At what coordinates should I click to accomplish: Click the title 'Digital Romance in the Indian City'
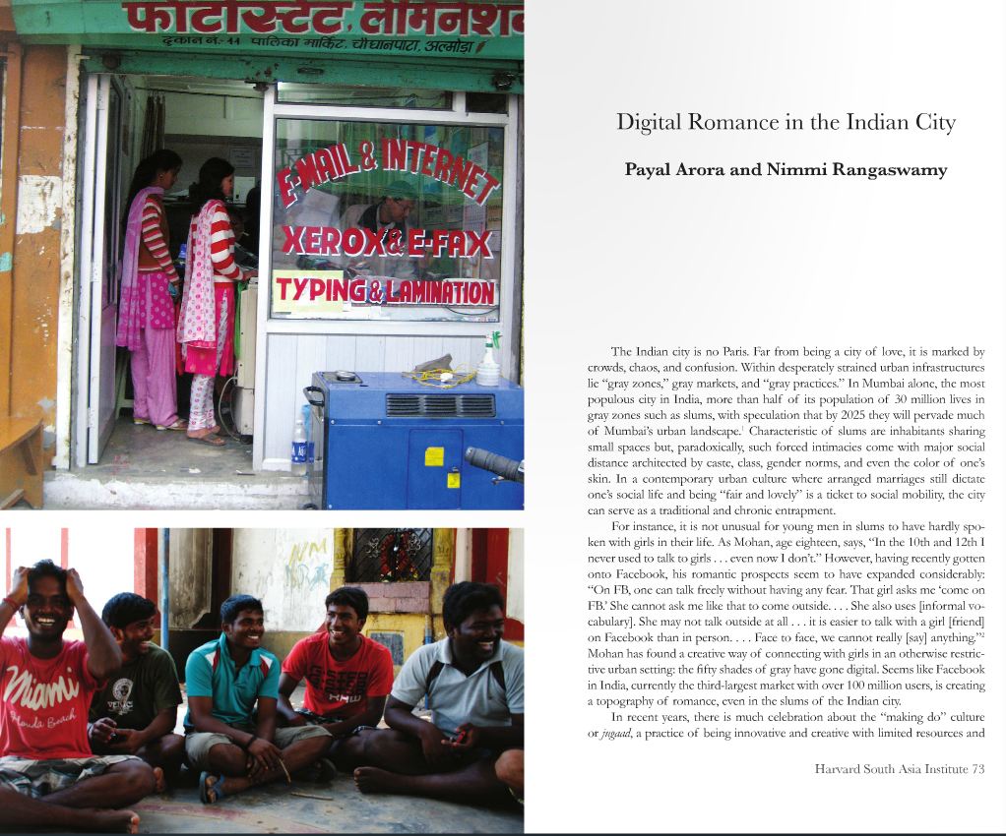(786, 122)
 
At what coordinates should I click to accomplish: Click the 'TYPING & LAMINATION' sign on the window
(384, 291)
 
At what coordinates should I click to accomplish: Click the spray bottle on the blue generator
(487, 361)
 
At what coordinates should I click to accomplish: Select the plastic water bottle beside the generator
(299, 448)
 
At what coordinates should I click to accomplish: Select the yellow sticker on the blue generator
(433, 456)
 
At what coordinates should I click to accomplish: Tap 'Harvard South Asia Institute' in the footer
(891, 769)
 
